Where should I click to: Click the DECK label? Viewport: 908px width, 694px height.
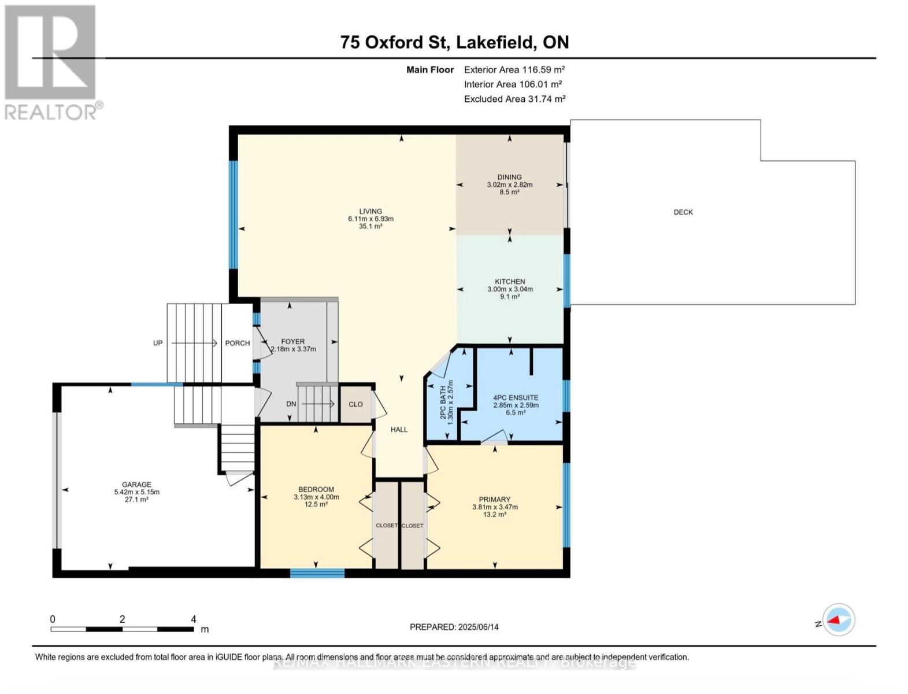pos(683,212)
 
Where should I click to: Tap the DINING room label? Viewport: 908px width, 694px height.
pos(509,177)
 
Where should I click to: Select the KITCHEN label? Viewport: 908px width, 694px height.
pos(509,282)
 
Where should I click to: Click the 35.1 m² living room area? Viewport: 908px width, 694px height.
pos(370,227)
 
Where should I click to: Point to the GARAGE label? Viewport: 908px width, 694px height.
pos(136,485)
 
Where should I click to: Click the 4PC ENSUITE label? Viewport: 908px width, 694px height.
pos(515,398)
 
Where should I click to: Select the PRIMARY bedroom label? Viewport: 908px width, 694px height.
pos(494,500)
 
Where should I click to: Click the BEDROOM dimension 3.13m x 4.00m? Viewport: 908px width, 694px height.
pos(316,497)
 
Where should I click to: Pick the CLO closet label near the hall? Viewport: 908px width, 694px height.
pos(355,404)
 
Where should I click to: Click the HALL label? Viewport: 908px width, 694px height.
pos(399,430)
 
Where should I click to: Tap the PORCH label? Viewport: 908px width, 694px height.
pos(237,343)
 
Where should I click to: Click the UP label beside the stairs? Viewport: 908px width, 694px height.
pos(158,343)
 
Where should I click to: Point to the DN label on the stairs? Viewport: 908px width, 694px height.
pos(291,404)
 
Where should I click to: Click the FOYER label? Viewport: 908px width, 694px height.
pos(293,342)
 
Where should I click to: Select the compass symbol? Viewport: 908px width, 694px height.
pos(838,620)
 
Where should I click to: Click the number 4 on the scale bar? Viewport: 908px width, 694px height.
pos(194,619)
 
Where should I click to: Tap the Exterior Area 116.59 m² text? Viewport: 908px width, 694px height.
pos(514,69)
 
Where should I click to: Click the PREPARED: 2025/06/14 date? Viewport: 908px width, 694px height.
pos(454,627)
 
